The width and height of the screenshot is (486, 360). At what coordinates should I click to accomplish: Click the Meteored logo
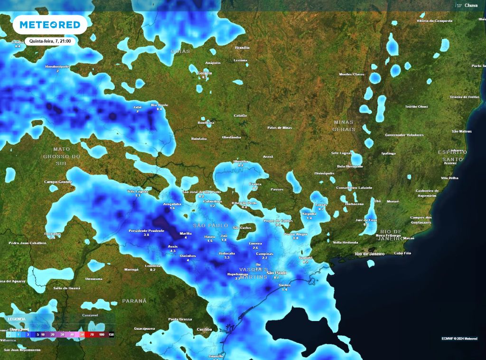pos(50,24)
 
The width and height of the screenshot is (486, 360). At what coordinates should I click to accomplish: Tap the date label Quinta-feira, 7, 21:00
pos(50,41)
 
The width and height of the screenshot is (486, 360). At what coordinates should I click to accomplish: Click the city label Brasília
pos(242,48)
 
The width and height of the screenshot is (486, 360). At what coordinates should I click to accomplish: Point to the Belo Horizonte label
pos(350,166)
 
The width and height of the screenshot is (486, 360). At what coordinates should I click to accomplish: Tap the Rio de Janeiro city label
pos(370,254)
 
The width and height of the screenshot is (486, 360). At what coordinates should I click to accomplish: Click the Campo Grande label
pos(57,181)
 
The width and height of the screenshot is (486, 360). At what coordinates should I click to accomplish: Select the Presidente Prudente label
pos(146,231)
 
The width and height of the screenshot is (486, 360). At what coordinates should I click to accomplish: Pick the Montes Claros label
pos(352,74)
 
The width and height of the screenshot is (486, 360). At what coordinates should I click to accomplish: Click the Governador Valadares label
pos(404,135)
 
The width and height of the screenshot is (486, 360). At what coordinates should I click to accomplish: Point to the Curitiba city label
pos(204,329)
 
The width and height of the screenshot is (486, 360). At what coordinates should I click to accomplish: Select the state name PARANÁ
pos(134,301)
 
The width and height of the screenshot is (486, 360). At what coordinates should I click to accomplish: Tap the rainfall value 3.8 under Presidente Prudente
pos(146,235)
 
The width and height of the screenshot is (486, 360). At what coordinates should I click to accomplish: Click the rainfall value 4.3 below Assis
pos(173,251)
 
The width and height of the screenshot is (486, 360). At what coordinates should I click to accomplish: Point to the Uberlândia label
pos(232,137)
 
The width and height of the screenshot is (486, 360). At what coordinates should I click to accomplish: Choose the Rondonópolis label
pos(57,66)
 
